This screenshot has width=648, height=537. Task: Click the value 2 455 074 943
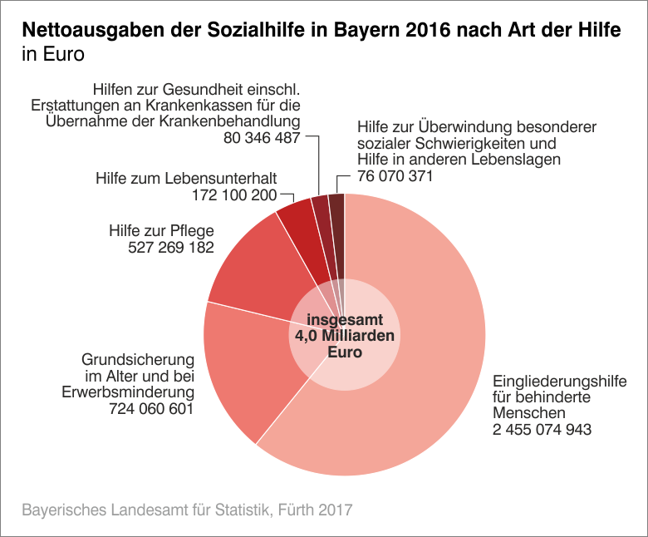point(542,429)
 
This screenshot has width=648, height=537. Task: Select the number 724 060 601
point(150,409)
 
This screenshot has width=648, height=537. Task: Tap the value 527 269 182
point(172,248)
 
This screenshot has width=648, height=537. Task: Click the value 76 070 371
point(395,176)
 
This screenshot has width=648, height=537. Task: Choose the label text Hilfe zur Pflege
point(162,230)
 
